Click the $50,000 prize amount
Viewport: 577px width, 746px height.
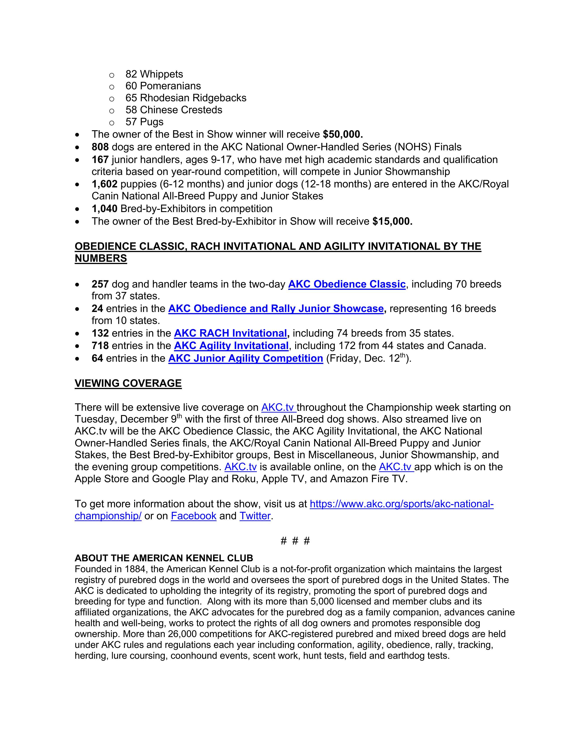point(343,134)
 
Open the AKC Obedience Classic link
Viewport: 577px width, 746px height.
point(347,284)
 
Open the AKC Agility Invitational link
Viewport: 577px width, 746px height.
point(231,346)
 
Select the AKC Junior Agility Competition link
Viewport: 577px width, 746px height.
point(246,358)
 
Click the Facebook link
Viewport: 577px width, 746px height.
point(193,516)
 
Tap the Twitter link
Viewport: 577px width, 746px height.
point(255,516)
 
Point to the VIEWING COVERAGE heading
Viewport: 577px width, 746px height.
point(128,383)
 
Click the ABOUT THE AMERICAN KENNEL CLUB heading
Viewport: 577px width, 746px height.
point(164,558)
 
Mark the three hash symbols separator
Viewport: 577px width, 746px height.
point(295,541)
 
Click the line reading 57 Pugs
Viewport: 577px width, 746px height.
point(144,122)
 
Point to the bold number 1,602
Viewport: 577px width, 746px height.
point(104,184)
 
